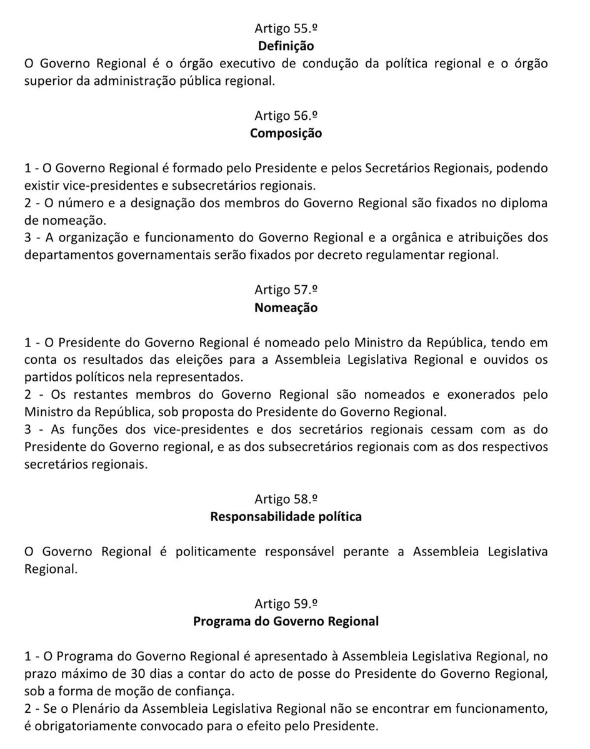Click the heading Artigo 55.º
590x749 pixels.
(x=286, y=28)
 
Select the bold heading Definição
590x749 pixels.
(x=286, y=46)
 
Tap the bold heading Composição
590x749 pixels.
(x=286, y=133)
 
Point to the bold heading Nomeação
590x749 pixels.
(x=286, y=308)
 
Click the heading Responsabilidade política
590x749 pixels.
(x=286, y=517)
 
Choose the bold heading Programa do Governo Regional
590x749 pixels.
(x=286, y=622)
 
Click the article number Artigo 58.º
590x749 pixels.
(x=286, y=499)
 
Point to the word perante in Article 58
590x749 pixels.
(x=367, y=552)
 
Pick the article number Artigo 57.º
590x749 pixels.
(x=286, y=290)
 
